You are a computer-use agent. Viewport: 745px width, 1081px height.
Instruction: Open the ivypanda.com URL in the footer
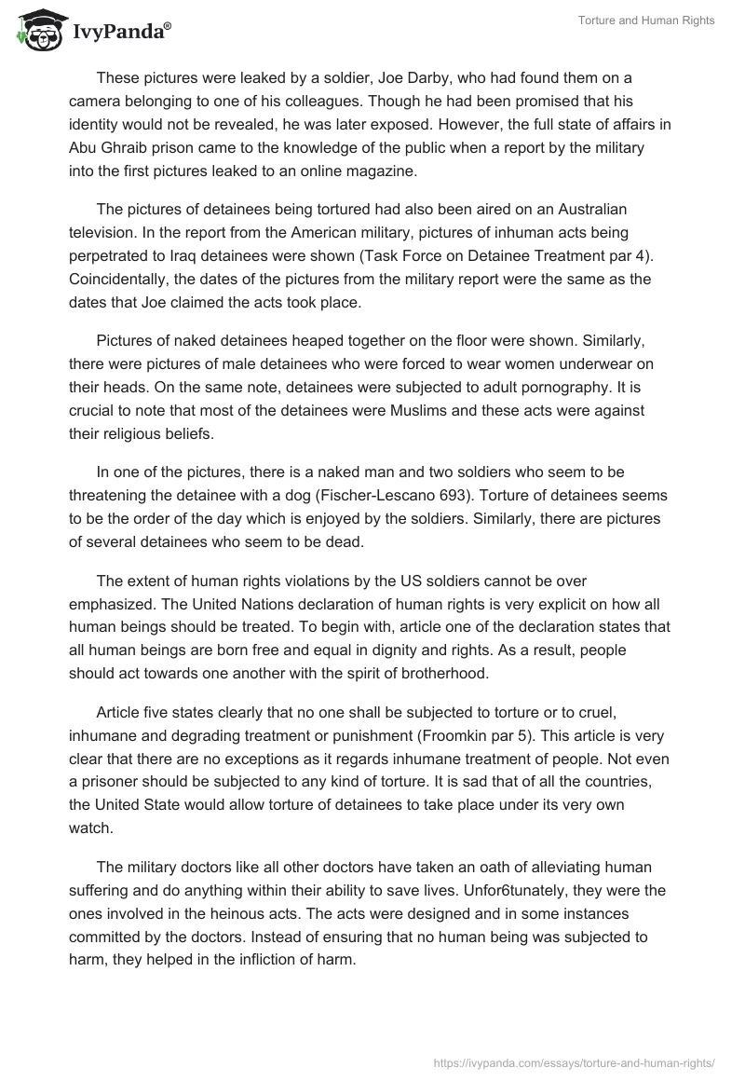[x=576, y=1061]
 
